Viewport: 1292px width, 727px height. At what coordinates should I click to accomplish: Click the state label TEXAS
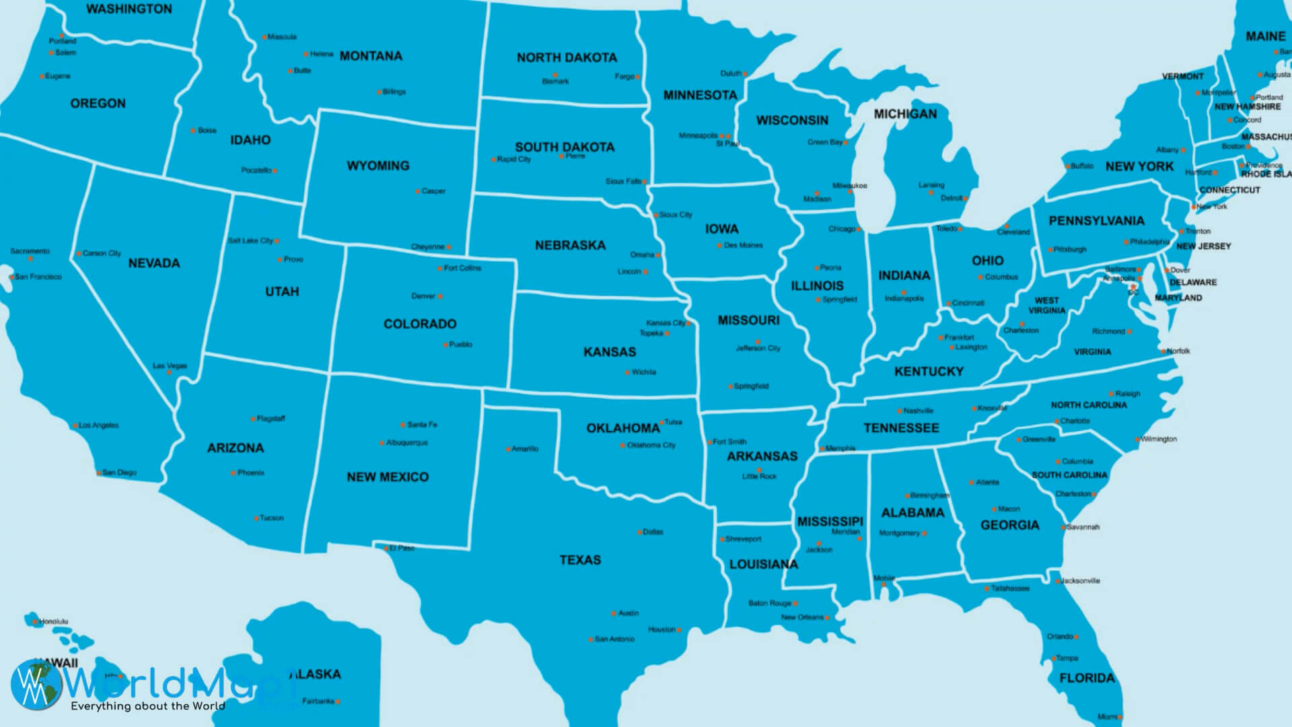[580, 560]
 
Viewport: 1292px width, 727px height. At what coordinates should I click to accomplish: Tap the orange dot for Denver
[440, 296]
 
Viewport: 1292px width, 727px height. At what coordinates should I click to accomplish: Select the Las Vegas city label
[170, 366]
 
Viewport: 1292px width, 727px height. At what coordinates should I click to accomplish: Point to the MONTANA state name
[371, 56]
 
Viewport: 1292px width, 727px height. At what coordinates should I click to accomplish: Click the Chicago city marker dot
[859, 230]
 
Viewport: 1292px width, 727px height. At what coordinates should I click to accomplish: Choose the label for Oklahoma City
[651, 445]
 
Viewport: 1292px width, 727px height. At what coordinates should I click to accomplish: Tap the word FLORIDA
[1087, 678]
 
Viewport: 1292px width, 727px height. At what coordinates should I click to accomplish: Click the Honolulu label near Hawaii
[53, 621]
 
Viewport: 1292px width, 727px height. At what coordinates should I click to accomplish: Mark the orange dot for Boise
[193, 131]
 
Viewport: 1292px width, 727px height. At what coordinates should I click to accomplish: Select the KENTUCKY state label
[929, 372]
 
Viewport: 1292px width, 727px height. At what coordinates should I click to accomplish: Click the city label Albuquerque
[406, 443]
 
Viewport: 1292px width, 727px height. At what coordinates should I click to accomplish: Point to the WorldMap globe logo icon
[35, 684]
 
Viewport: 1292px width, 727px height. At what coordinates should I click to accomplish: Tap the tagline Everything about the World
[148, 706]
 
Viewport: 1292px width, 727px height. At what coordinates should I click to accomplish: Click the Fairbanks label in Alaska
[318, 701]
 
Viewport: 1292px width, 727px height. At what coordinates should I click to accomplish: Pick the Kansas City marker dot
[688, 324]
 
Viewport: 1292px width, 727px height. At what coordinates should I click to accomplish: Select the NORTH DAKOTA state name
[567, 58]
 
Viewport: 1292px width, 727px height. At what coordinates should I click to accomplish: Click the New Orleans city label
[801, 617]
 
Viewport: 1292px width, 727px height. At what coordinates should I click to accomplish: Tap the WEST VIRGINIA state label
[1046, 306]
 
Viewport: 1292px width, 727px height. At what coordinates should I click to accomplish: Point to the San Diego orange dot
[98, 473]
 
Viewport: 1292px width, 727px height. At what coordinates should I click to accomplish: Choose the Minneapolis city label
[697, 136]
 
